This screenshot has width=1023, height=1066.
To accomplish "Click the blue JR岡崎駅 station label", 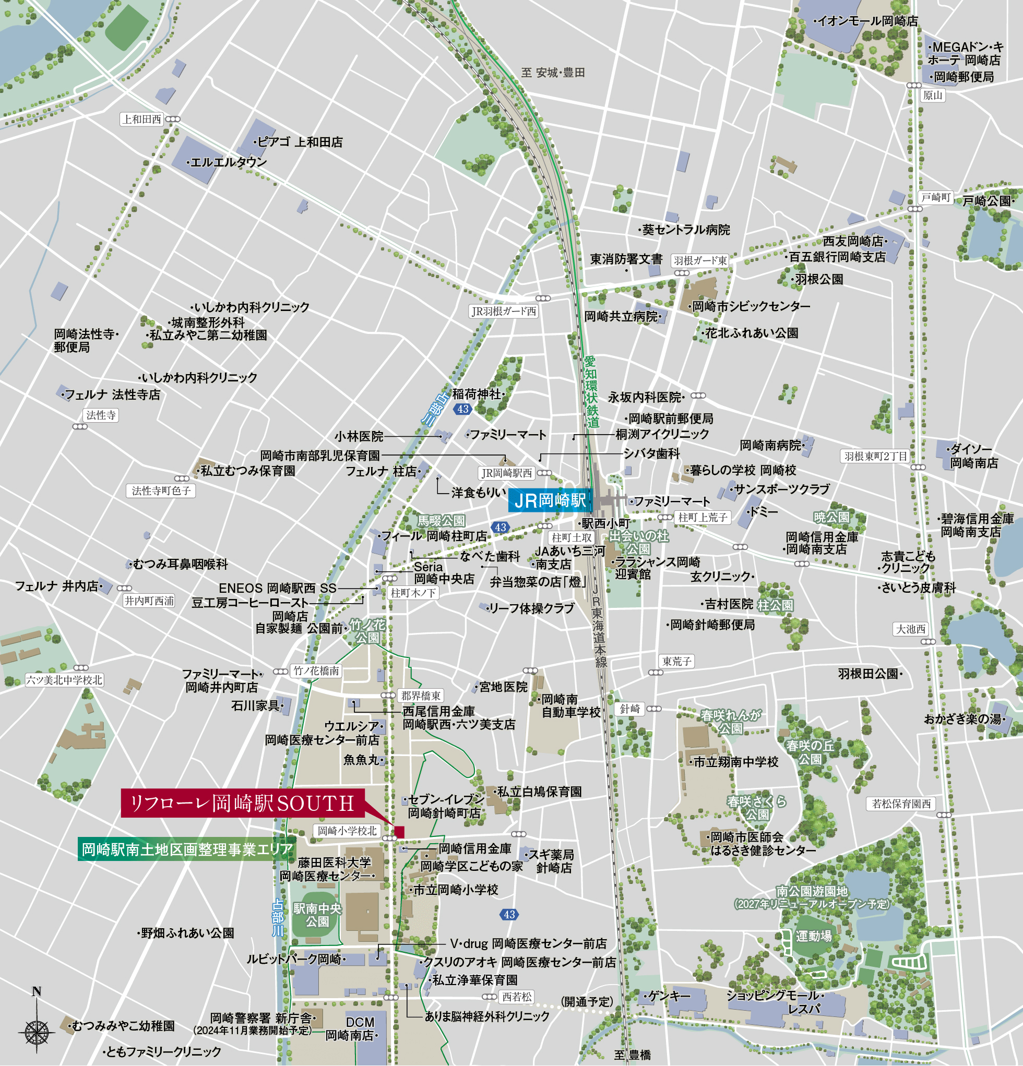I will click(550, 500).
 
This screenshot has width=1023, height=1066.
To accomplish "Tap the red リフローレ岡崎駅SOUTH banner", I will click(243, 804).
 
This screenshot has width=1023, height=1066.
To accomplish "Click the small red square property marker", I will click(399, 832).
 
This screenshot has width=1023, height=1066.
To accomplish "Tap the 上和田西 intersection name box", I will click(142, 119).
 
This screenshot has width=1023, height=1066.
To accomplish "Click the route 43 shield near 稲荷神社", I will click(463, 409).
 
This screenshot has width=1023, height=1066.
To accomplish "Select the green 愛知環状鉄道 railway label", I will click(591, 391).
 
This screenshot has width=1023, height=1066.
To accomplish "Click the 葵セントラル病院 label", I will click(686, 230).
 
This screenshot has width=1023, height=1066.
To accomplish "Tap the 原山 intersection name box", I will click(932, 95).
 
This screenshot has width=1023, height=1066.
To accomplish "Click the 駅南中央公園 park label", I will click(317, 915).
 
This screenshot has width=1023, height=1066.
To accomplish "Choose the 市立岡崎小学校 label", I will click(456, 890).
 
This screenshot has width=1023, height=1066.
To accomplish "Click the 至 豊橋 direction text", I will click(632, 1055).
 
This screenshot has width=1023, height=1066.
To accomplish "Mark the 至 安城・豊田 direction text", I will click(553, 73).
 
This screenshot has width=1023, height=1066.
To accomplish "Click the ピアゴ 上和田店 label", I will click(299, 142).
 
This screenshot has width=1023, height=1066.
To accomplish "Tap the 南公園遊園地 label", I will click(811, 891).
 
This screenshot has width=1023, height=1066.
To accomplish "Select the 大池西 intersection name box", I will click(910, 629).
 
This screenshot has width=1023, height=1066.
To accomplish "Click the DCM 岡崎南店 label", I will click(353, 1029).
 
